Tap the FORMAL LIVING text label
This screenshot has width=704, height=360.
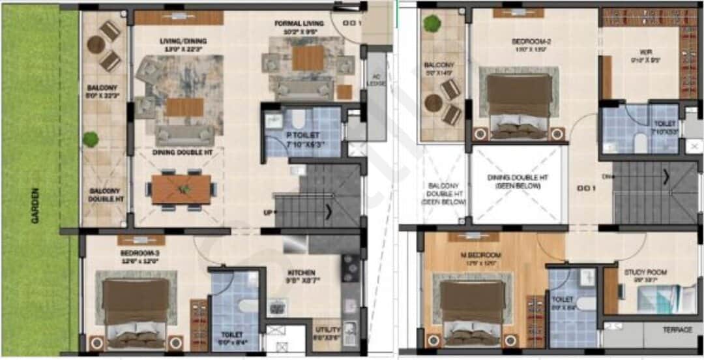(299, 23)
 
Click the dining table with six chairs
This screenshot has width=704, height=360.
(181, 189)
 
